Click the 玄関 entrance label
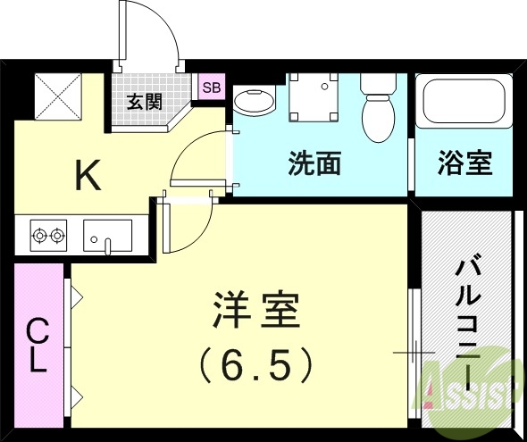144,100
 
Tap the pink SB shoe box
211,88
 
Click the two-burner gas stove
47,237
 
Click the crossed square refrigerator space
57,96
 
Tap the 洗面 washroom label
314,163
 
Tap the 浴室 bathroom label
464,163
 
